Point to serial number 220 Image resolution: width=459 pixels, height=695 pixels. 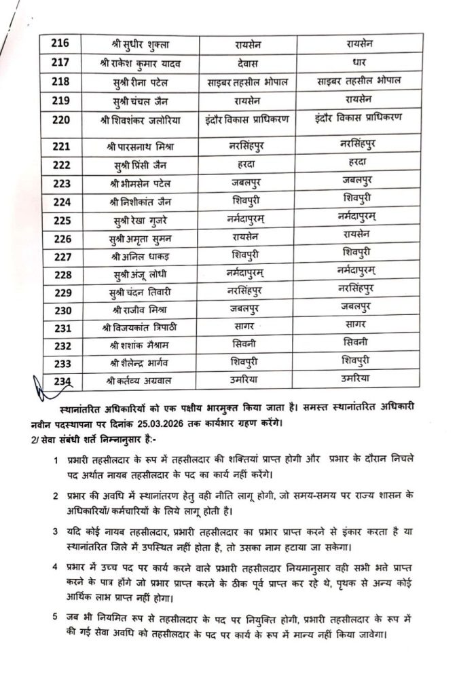62,121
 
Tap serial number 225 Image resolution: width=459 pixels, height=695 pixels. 62,220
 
